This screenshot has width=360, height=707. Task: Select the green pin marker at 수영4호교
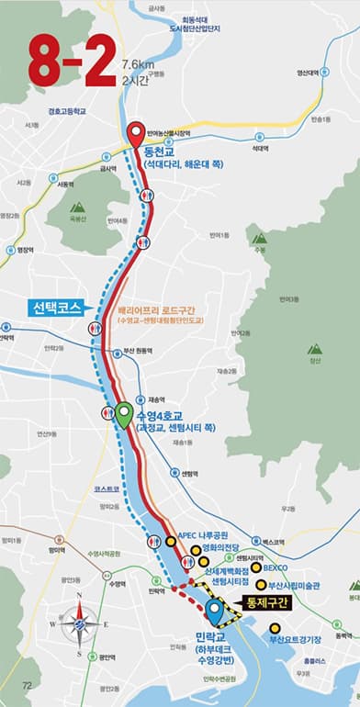122,415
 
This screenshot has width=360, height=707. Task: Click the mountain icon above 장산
315,350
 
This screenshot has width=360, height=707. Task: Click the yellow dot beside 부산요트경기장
273,629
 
